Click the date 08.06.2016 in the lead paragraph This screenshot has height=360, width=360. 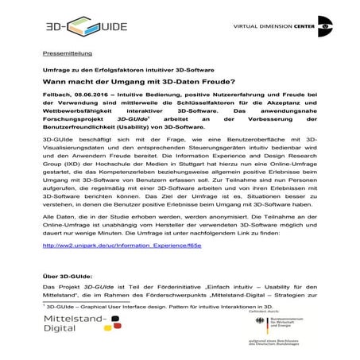point(96,95)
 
